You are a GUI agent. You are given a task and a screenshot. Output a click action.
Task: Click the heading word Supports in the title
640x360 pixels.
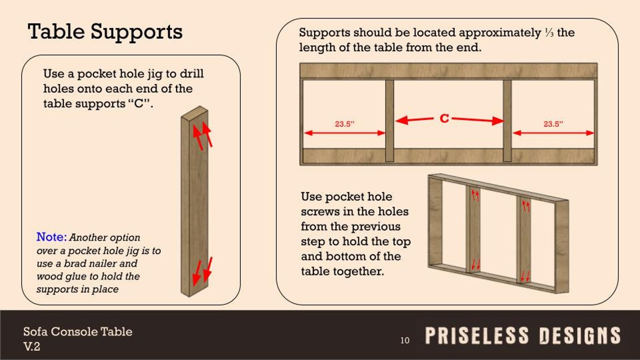[x=136, y=32]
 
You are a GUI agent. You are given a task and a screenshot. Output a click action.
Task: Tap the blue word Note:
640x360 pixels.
[x=51, y=237]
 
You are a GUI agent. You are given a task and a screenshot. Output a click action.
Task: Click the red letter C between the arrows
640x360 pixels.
[x=444, y=118]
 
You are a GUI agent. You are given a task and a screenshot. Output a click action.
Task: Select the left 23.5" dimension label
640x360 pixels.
[x=344, y=124]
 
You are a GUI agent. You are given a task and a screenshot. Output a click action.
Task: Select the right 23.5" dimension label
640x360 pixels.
[x=553, y=124]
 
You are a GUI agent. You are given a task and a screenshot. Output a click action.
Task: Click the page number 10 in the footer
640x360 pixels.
[x=405, y=340]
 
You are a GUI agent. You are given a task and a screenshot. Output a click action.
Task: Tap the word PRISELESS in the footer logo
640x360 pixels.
[x=477, y=336]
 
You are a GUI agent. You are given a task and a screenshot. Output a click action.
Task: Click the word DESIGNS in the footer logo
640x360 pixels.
[x=580, y=336]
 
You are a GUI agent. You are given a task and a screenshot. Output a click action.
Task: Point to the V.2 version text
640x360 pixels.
[x=32, y=346]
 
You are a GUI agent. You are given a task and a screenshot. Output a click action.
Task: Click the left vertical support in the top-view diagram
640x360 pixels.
[x=389, y=121]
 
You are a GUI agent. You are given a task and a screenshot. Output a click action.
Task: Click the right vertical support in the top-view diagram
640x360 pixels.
[x=507, y=121]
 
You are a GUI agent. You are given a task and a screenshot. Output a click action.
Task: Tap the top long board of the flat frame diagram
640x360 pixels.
[x=448, y=71]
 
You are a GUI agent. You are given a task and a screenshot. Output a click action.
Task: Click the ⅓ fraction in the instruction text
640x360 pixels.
[x=549, y=33]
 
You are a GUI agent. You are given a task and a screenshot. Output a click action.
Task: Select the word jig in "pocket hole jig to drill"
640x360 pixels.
[x=156, y=74]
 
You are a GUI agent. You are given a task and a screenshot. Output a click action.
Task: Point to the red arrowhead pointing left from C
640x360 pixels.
[x=401, y=120]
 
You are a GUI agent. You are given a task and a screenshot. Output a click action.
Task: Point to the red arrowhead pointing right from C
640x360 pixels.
[x=498, y=121]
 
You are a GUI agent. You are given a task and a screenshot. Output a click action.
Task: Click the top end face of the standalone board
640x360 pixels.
[x=195, y=113]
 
